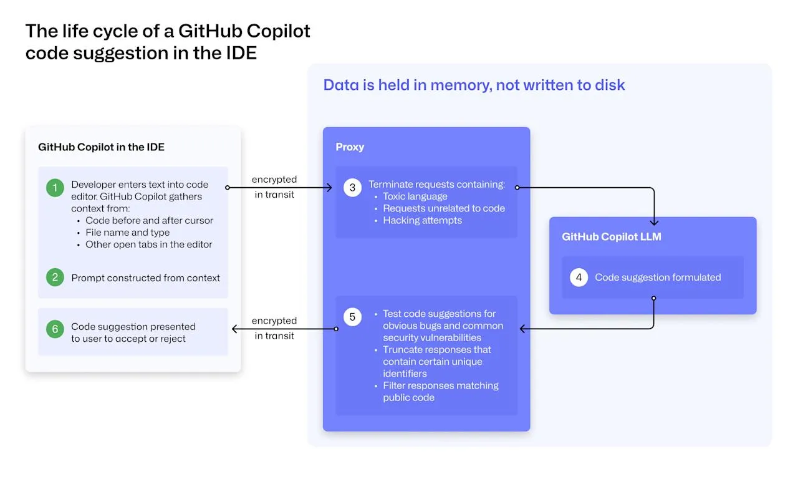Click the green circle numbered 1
(x=55, y=188)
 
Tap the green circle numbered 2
(x=55, y=278)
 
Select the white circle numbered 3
(x=352, y=187)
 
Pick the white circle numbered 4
(x=579, y=277)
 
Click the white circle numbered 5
(x=352, y=317)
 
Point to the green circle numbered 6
(x=55, y=329)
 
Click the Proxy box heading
(x=350, y=147)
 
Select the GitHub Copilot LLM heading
(x=611, y=237)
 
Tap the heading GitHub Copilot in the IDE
(x=101, y=147)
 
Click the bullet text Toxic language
(x=415, y=196)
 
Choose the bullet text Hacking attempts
(x=422, y=220)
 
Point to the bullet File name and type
(x=127, y=232)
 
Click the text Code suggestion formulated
(x=658, y=278)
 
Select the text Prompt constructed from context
(x=145, y=278)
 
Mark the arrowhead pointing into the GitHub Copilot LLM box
(x=654, y=221)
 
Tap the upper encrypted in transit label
(x=274, y=186)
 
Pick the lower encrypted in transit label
(x=274, y=328)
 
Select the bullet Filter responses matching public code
(x=440, y=392)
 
